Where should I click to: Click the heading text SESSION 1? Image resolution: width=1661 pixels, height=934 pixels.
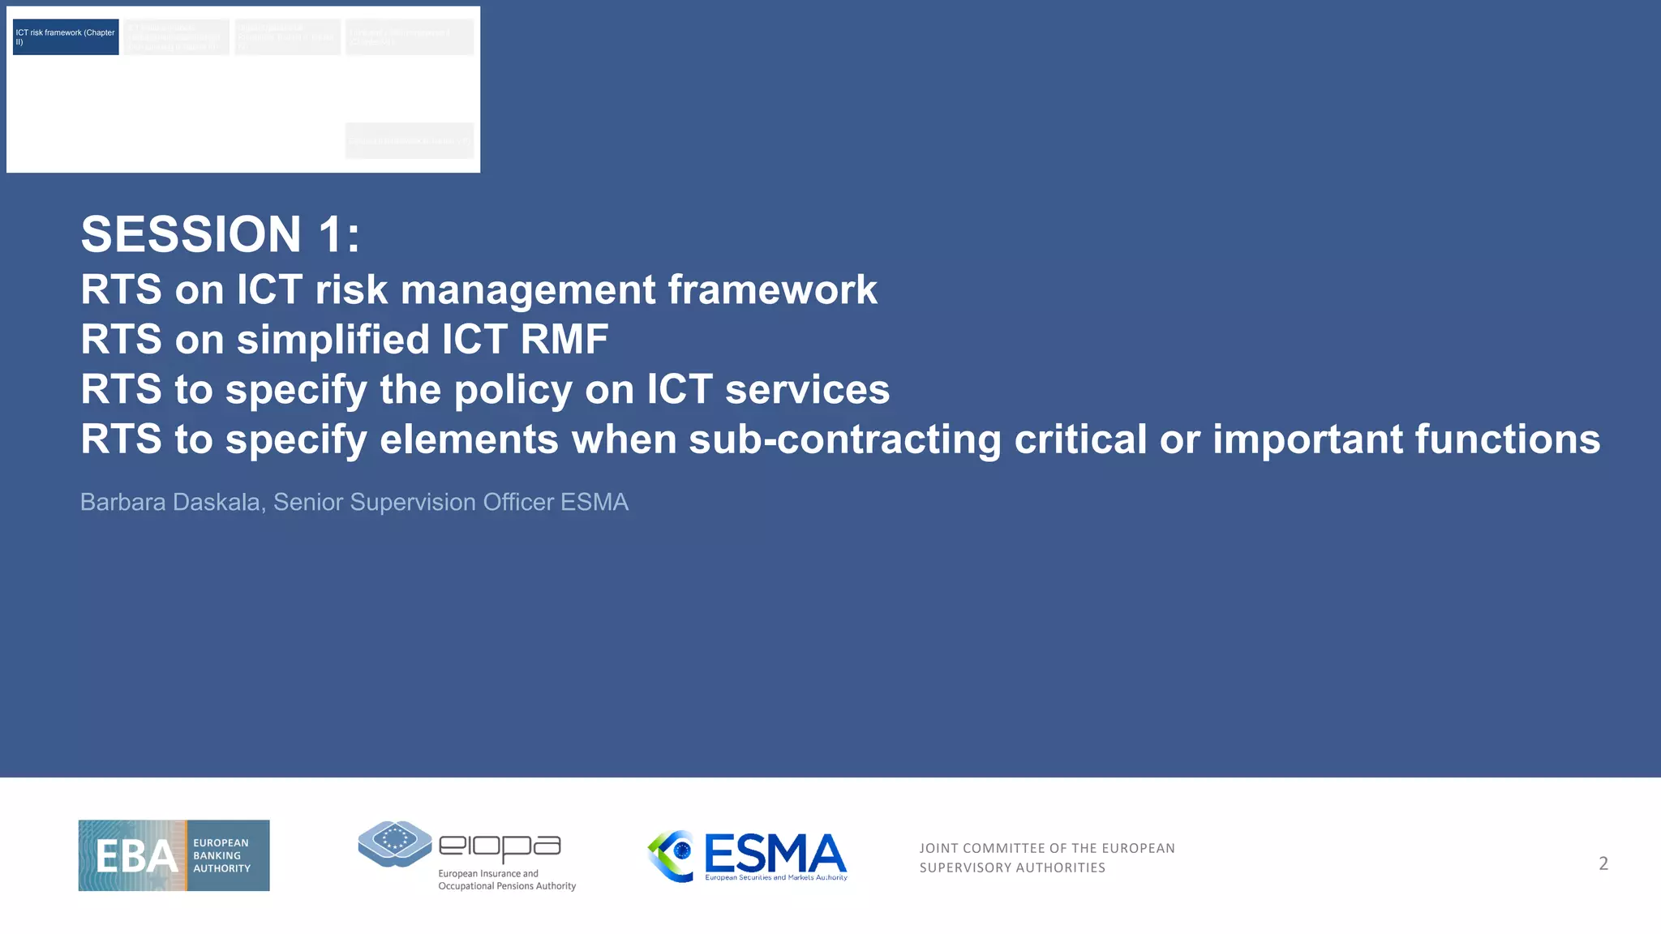220,234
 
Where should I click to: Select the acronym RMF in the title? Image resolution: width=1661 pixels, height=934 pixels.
564,339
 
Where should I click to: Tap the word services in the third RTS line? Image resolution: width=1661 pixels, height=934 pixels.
807,389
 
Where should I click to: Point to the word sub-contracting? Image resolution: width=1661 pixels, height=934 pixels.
844,439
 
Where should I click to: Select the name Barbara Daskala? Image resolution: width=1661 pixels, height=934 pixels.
170,502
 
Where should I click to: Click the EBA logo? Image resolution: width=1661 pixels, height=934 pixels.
174,855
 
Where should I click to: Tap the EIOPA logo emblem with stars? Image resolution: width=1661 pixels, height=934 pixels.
395,843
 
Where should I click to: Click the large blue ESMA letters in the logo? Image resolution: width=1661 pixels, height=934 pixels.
775,854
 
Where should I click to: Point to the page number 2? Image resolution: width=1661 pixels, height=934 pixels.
1603,863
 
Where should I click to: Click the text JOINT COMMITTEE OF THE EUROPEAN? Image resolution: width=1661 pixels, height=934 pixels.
1046,848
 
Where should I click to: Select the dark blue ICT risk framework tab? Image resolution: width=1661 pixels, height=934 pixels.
66,37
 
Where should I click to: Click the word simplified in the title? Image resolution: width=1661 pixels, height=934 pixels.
333,339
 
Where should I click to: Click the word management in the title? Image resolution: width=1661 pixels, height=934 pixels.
528,289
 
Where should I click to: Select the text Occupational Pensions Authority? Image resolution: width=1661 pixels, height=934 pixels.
507,886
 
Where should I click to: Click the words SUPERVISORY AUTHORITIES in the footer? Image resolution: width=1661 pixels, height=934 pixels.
1012,868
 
